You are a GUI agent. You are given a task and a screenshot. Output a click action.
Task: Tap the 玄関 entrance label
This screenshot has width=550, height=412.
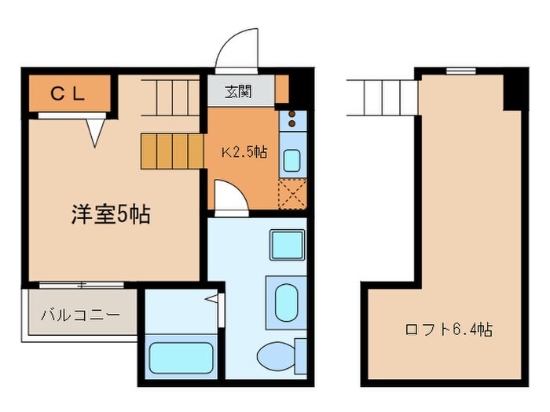coord(240,91)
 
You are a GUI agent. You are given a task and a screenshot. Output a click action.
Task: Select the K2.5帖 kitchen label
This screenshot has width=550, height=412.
coord(243,151)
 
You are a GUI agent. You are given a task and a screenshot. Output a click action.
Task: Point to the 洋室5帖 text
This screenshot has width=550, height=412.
coord(111,214)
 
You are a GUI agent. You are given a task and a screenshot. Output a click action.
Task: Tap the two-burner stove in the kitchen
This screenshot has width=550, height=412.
coord(292,118)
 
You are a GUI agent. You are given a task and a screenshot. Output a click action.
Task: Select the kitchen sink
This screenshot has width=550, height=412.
coord(291,160)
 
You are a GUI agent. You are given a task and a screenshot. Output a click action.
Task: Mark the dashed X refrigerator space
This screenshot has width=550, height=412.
coord(291,192)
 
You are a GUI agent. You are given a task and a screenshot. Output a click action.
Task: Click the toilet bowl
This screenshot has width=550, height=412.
coord(274,355)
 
